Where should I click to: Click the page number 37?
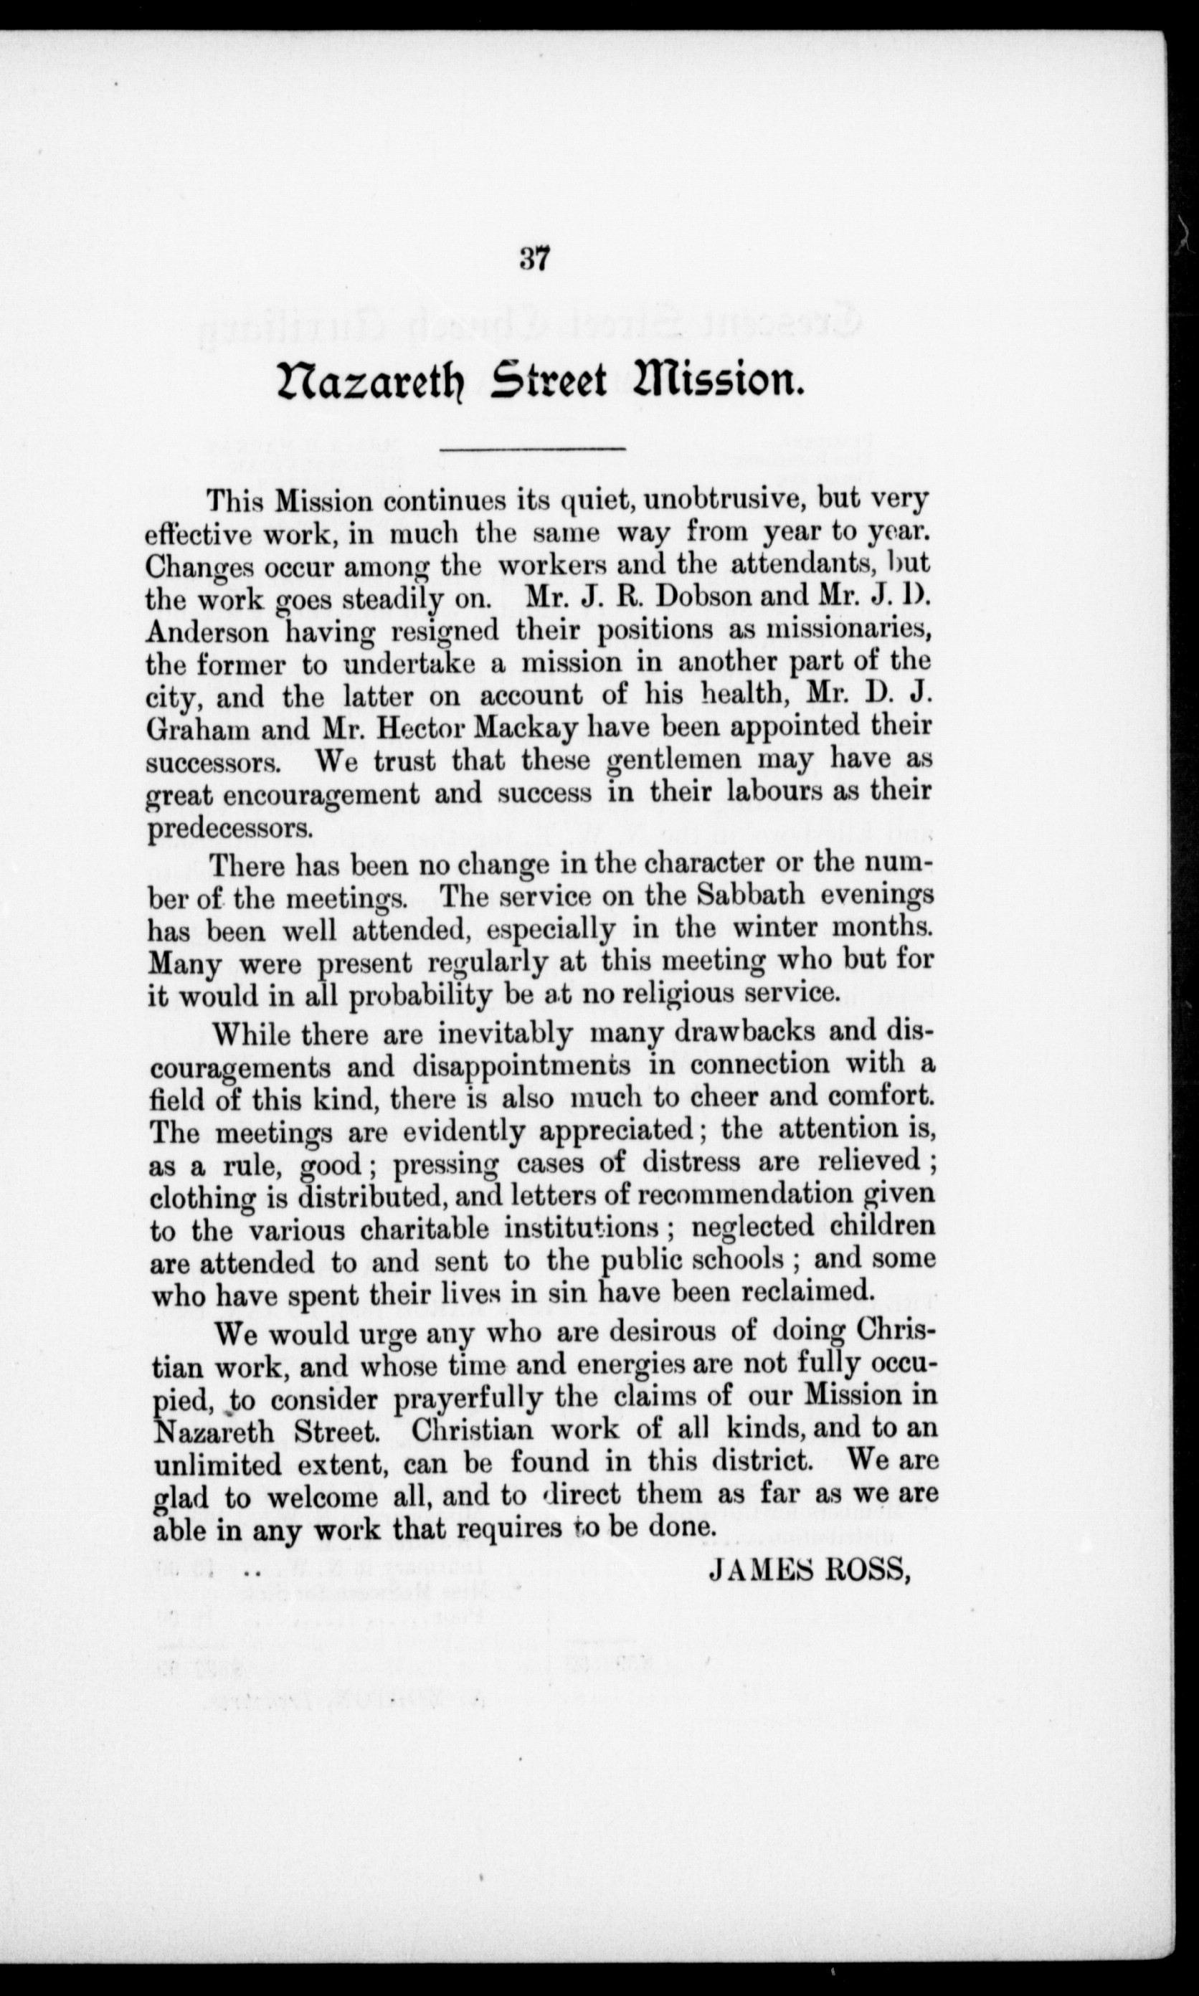[x=535, y=260]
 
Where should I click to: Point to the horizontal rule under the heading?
[x=531, y=448]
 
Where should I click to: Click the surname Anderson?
[x=207, y=631]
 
